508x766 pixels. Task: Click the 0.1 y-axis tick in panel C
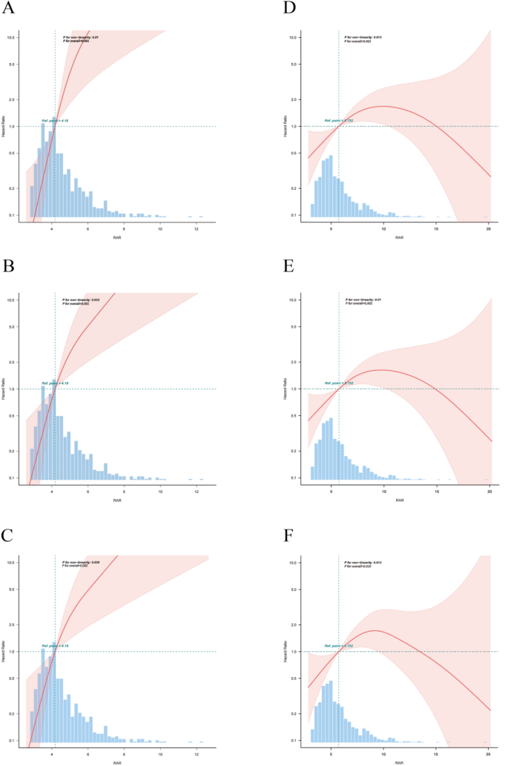13,740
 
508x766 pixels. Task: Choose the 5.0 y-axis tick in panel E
294,326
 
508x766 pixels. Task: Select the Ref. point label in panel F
337,646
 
